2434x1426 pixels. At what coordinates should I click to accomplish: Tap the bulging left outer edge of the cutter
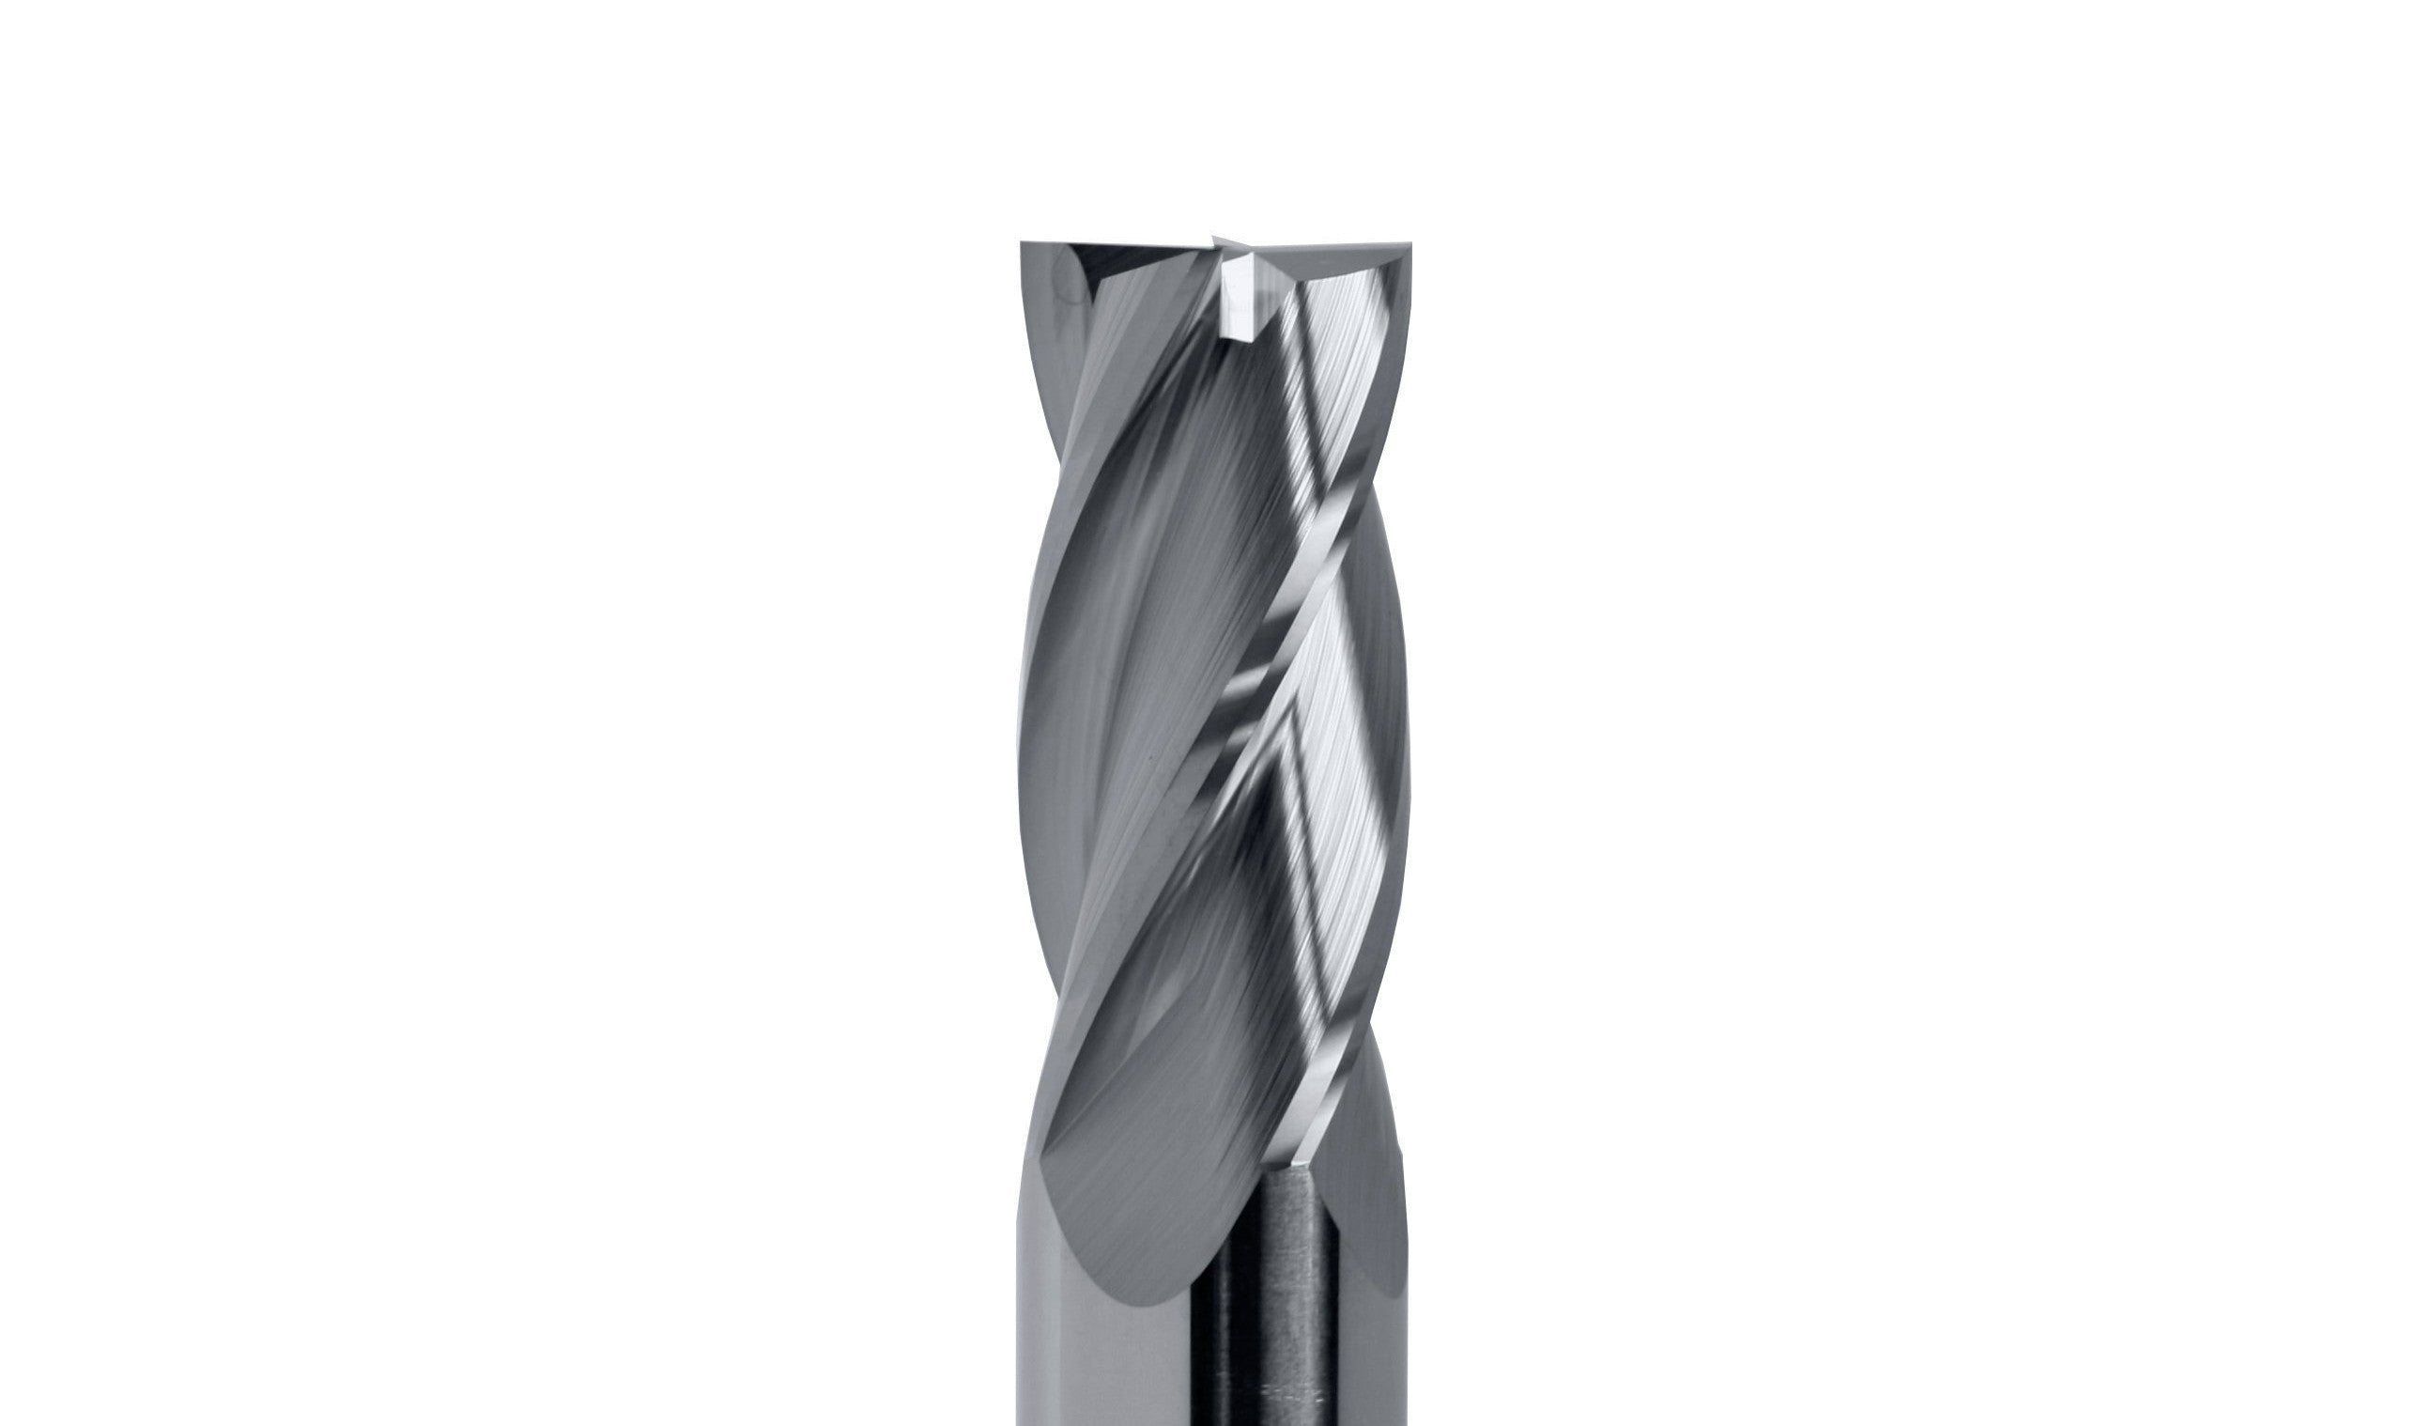click(1025, 735)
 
